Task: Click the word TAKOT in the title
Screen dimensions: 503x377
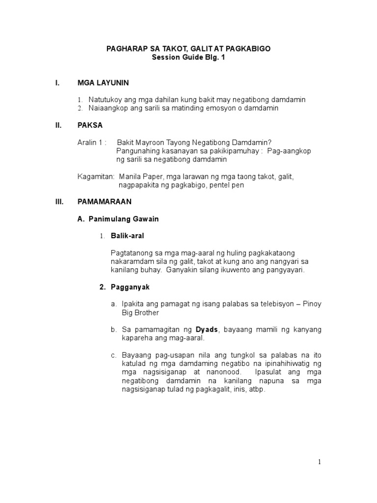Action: coord(164,49)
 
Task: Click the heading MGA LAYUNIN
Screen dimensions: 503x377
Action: coord(103,83)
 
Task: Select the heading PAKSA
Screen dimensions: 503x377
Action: coord(90,125)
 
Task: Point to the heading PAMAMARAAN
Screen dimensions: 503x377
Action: coord(105,202)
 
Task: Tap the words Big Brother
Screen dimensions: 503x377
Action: coord(140,312)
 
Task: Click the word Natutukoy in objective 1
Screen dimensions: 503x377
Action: coord(104,100)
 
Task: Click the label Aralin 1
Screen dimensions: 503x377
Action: coord(91,142)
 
